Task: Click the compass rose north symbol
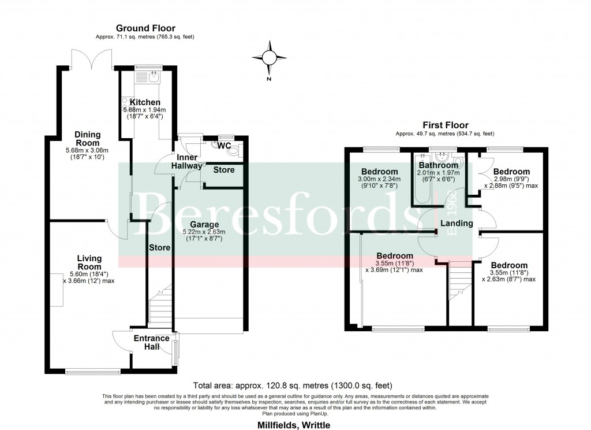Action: pos(269,58)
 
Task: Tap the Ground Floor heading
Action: pos(145,28)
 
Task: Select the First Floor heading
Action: pos(445,125)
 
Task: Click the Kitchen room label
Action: pos(145,102)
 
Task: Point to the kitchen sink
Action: pos(154,76)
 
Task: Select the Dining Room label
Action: pos(87,139)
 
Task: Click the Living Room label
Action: pos(89,262)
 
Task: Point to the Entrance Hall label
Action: pos(152,342)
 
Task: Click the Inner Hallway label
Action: pos(187,162)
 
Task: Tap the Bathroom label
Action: pos(438,165)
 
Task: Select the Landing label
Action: pos(457,223)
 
